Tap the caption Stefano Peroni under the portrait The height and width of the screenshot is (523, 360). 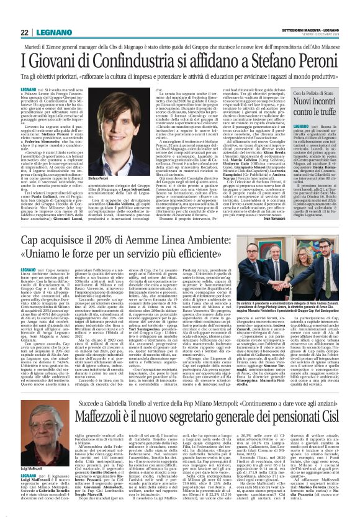tap(97, 178)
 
